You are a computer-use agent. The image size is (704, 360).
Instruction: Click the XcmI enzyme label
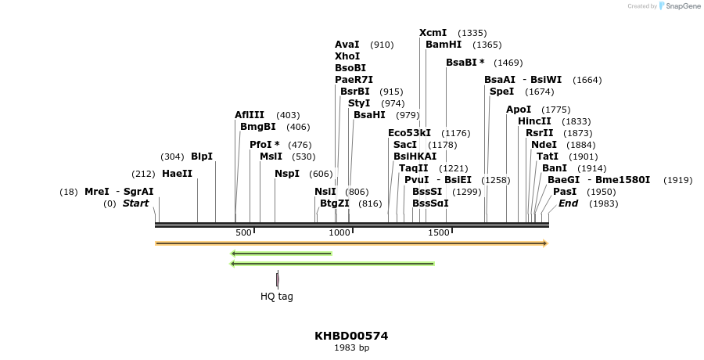(x=433, y=33)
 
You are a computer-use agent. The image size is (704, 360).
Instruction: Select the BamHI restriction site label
(x=444, y=45)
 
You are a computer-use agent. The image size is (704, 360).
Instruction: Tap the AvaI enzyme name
(x=347, y=45)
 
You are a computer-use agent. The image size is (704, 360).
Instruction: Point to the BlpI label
(x=202, y=157)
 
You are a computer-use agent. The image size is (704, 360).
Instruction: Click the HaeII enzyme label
(x=177, y=174)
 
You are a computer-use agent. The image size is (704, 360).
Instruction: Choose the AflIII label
(x=250, y=115)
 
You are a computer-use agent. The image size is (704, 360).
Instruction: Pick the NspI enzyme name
(x=287, y=174)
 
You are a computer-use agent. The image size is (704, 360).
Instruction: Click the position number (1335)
(x=472, y=33)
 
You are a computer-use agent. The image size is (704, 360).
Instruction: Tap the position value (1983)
(x=604, y=203)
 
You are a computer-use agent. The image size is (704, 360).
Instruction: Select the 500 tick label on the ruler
(x=243, y=232)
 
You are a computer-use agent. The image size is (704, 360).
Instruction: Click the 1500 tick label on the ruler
(x=438, y=232)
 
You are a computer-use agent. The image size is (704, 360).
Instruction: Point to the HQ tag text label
(x=277, y=297)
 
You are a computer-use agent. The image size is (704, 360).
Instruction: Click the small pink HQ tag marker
(x=278, y=279)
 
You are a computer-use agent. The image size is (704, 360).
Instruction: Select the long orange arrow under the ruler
(x=351, y=243)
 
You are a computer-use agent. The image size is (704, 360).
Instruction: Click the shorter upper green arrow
(x=282, y=254)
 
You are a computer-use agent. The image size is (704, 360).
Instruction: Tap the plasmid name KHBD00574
(x=351, y=336)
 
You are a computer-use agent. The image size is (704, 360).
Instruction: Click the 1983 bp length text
(x=351, y=347)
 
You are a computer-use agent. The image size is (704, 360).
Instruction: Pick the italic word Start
(x=135, y=203)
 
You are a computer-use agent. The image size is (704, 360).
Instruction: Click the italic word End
(x=568, y=203)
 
